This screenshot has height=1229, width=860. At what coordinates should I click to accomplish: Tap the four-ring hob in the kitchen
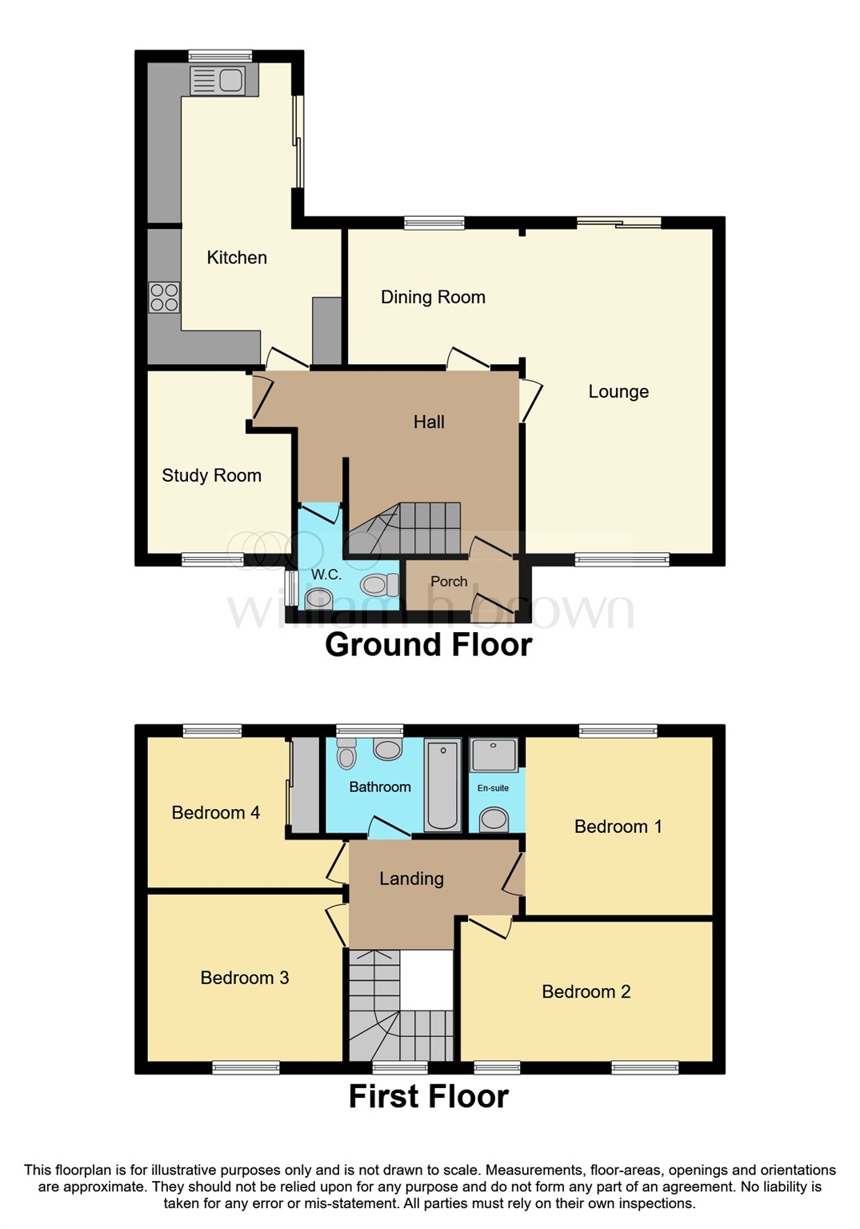pyautogui.click(x=164, y=297)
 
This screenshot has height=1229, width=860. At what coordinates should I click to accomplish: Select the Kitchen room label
pyautogui.click(x=237, y=258)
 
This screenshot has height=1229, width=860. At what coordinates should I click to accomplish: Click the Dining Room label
pyautogui.click(x=433, y=298)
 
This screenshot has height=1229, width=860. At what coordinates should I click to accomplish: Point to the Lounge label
pyautogui.click(x=618, y=392)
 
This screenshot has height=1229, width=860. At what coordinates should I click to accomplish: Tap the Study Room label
pyautogui.click(x=211, y=476)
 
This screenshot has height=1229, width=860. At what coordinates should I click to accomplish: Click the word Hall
pyautogui.click(x=429, y=422)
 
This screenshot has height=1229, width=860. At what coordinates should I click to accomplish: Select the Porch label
pyautogui.click(x=449, y=582)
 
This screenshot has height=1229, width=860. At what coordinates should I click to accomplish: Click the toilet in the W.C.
pyautogui.click(x=378, y=585)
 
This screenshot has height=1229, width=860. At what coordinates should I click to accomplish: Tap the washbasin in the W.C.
pyautogui.click(x=318, y=598)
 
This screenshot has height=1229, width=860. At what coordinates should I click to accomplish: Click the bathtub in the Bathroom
pyautogui.click(x=442, y=786)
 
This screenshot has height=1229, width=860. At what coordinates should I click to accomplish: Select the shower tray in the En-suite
pyautogui.click(x=494, y=755)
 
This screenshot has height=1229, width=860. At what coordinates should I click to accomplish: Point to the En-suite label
pyautogui.click(x=493, y=788)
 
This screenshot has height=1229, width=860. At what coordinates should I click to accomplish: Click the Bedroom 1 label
pyautogui.click(x=618, y=827)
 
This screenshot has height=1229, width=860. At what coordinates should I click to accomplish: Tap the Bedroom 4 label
pyautogui.click(x=215, y=813)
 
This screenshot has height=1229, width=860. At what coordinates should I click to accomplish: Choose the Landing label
pyautogui.click(x=411, y=879)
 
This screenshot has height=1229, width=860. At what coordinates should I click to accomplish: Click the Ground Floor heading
pyautogui.click(x=428, y=645)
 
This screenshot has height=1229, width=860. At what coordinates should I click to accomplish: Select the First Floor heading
pyautogui.click(x=428, y=1097)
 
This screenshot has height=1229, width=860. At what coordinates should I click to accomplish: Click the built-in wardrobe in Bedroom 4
pyautogui.click(x=304, y=785)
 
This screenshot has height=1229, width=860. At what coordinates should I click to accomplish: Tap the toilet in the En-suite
pyautogui.click(x=494, y=819)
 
